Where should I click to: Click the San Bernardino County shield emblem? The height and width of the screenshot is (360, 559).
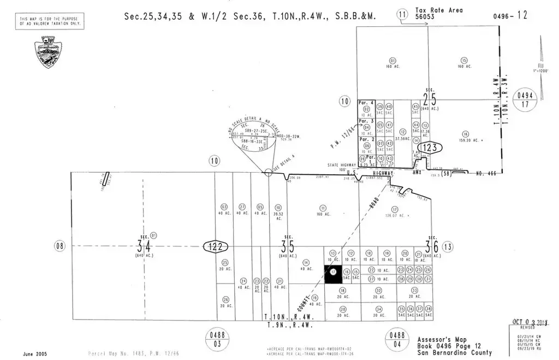coord(47,52)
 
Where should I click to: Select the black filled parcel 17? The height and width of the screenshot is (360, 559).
coord(332,274)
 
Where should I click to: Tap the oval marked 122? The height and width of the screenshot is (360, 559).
coord(215,247)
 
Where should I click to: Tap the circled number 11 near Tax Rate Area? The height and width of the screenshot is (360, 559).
coord(402,14)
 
